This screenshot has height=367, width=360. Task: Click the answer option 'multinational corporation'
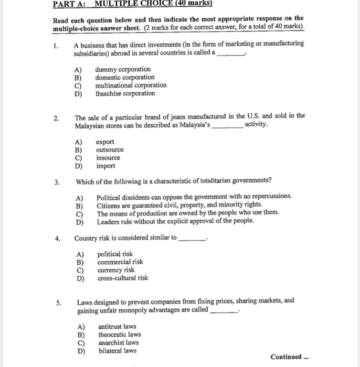131,85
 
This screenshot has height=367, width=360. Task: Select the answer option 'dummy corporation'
122,69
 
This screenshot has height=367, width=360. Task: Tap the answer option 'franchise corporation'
125,93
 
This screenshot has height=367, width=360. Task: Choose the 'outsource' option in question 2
110,150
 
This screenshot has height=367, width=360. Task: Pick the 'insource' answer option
108,158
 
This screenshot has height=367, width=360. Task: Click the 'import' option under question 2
105,166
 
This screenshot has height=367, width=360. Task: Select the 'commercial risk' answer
120,262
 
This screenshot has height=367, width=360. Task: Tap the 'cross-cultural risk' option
123,278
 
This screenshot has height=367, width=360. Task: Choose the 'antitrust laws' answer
118,326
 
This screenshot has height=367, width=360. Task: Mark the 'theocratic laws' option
120,334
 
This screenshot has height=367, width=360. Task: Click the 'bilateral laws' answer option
118,351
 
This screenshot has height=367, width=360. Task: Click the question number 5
59,303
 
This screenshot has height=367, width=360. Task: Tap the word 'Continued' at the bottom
286,357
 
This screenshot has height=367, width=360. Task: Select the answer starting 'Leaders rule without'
175,221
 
